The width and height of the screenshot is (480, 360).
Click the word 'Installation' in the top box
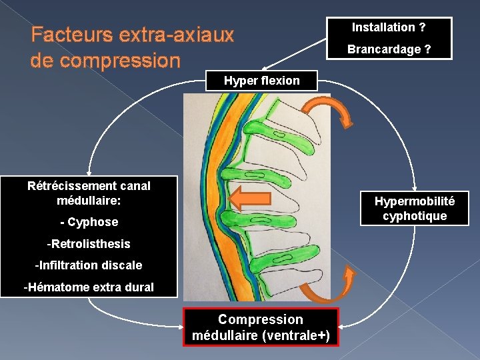tap(383, 27)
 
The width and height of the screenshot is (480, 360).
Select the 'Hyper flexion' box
tap(262, 81)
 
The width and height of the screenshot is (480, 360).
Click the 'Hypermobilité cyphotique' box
tap(415, 208)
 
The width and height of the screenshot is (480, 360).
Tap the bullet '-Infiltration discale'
tap(89, 265)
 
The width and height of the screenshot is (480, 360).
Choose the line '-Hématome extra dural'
tap(89, 287)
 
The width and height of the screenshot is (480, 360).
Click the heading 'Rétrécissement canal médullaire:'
tap(89, 193)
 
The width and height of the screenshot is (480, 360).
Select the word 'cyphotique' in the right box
tap(415, 216)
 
